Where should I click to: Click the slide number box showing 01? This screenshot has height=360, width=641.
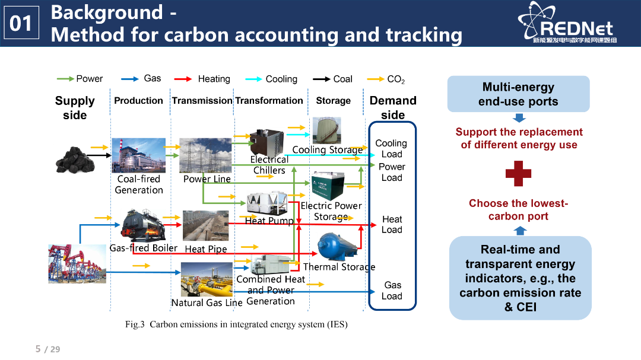pyautogui.click(x=22, y=23)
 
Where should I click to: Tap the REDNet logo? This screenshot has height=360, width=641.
pyautogui.click(x=567, y=23)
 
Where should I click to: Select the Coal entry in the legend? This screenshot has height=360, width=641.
pyautogui.click(x=333, y=79)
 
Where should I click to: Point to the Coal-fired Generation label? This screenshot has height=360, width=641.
pyautogui.click(x=138, y=184)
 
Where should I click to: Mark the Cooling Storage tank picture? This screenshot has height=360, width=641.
pyautogui.click(x=326, y=130)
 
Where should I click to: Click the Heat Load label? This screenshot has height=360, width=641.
pyautogui.click(x=392, y=224)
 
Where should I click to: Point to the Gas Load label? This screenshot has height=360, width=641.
pyautogui.click(x=392, y=291)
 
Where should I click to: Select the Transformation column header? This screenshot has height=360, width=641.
pyautogui.click(x=269, y=101)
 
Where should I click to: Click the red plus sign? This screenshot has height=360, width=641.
pyautogui.click(x=518, y=174)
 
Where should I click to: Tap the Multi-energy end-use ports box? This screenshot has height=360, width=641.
pyautogui.click(x=518, y=94)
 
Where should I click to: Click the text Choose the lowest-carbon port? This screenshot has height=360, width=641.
pyautogui.click(x=518, y=210)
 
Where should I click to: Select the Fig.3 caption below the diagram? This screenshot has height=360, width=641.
pyautogui.click(x=236, y=324)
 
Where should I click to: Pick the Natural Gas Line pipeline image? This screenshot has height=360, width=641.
pyautogui.click(x=207, y=279)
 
